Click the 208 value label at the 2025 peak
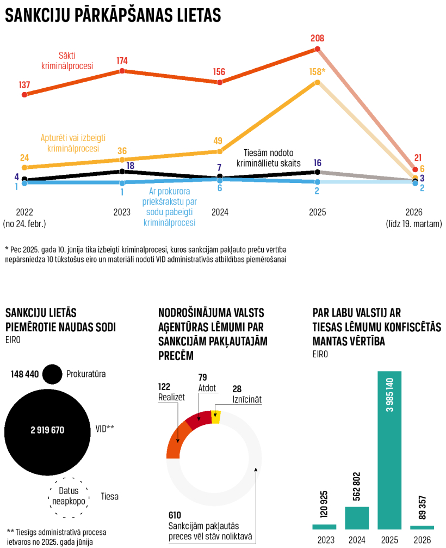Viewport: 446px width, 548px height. [318, 39]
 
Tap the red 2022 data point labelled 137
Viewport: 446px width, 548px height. [24, 94]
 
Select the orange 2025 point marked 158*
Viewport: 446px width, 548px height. [318, 82]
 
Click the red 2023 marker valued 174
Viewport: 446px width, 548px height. [122, 71]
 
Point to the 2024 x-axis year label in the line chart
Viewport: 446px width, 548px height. [220, 212]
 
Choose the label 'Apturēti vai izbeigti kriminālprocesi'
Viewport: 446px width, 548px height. [73, 143]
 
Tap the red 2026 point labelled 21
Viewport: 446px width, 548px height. [416, 169]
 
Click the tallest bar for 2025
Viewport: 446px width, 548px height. [389, 450]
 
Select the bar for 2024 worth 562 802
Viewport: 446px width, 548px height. [357, 517]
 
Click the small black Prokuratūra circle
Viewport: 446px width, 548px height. [52, 374]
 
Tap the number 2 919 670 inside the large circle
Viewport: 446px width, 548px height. [47, 430]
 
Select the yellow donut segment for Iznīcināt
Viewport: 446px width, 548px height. [215, 417]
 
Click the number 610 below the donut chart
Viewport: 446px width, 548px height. [175, 515]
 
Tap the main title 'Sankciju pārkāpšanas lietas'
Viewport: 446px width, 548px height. [113, 16]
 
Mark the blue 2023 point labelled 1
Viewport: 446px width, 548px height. [122, 183]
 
